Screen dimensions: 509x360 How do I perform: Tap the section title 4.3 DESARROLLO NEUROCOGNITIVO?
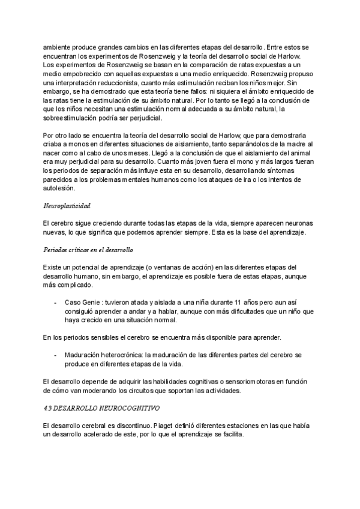click(101, 408)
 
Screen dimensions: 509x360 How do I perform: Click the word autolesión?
click(58, 187)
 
